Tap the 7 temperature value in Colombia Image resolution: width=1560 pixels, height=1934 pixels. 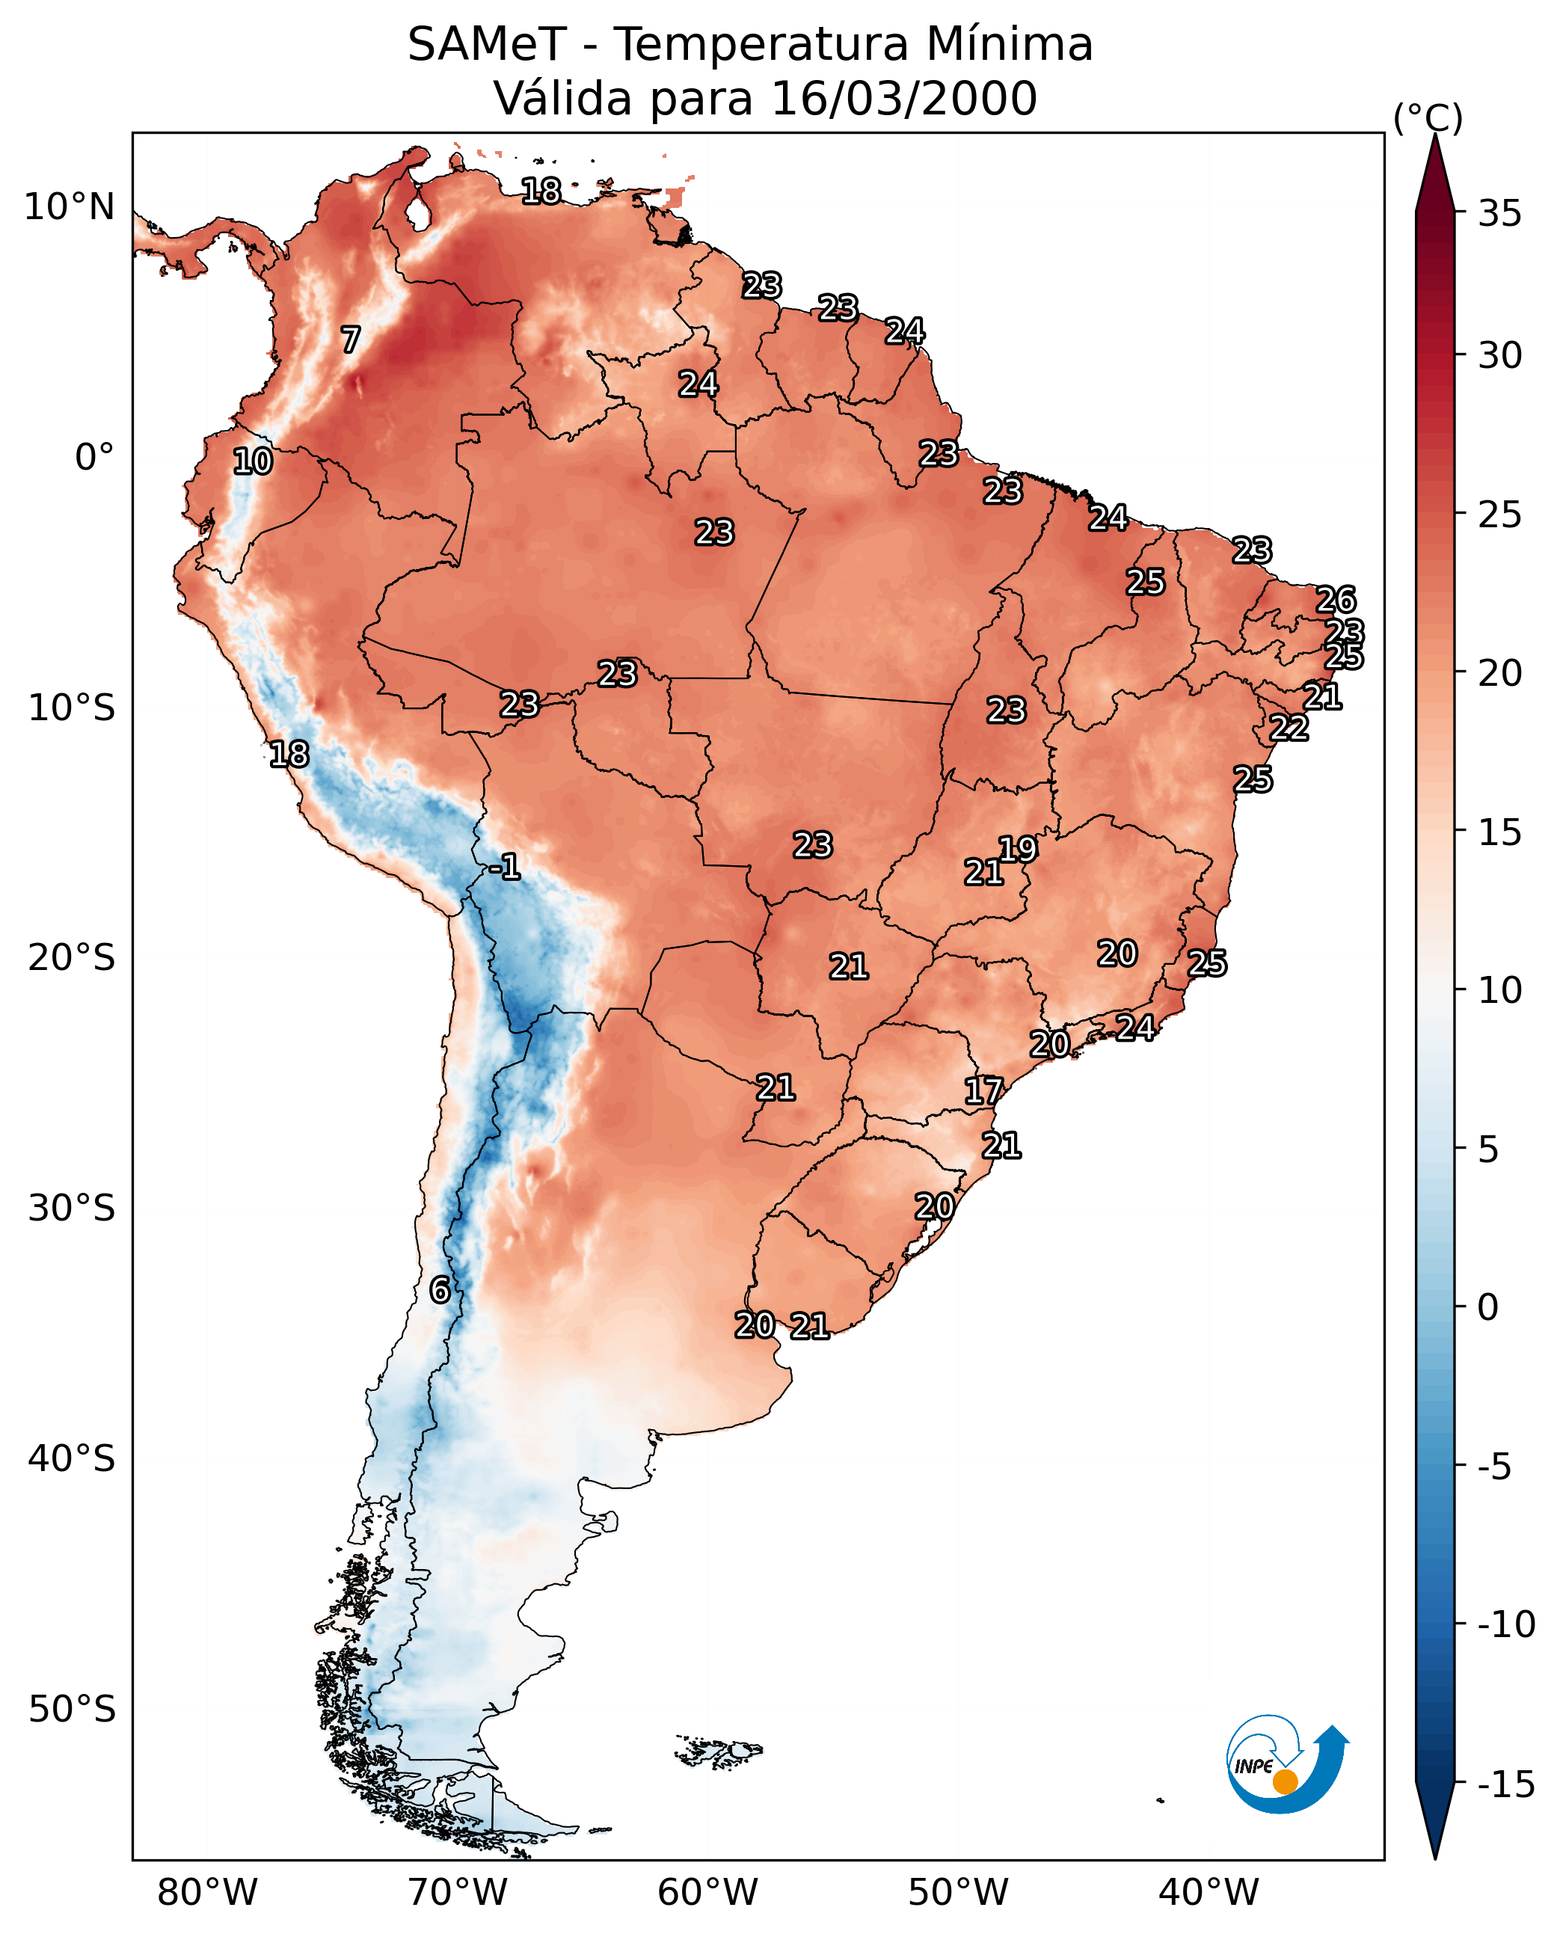[x=351, y=340]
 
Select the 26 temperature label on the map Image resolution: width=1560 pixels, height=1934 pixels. [x=1336, y=600]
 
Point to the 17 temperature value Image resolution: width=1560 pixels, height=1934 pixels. [x=983, y=1091]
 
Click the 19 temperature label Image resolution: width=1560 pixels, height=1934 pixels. [x=1018, y=848]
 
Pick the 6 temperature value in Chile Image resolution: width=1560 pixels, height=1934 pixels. [x=440, y=1289]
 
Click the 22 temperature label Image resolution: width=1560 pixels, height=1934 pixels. [x=1289, y=728]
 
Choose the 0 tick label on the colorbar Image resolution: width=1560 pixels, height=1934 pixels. [x=1488, y=1307]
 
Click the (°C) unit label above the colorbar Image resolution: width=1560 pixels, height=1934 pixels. [x=1428, y=117]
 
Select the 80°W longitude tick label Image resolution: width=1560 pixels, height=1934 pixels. [x=208, y=1894]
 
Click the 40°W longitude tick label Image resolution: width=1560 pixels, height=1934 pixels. [x=1209, y=1894]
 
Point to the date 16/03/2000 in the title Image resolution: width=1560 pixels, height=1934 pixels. [x=904, y=98]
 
